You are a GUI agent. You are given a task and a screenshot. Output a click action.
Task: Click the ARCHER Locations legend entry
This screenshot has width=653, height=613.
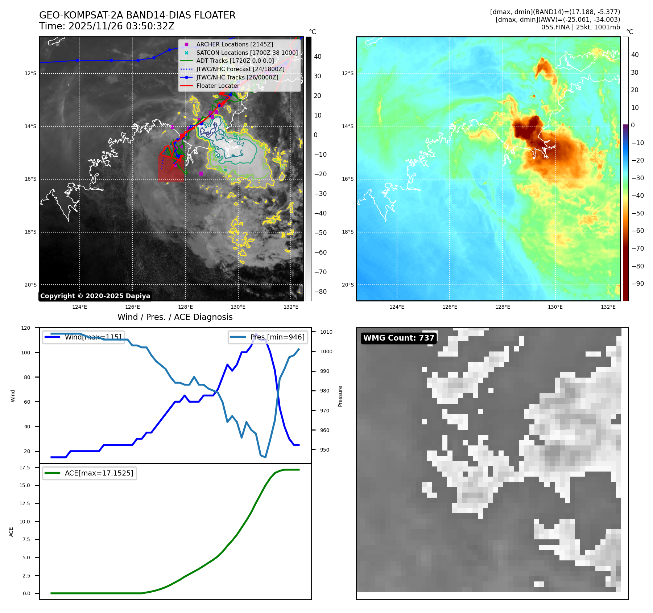click(234, 44)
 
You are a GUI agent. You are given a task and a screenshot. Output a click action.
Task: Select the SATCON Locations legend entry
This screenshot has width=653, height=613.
click(247, 53)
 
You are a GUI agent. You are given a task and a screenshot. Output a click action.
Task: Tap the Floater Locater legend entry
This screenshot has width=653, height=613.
click(218, 86)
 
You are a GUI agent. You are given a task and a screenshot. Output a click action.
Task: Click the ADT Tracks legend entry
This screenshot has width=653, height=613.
click(235, 61)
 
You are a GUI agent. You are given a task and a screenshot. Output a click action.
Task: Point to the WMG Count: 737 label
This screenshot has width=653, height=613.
click(398, 338)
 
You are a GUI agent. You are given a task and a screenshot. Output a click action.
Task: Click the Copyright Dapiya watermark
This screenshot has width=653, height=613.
click(95, 296)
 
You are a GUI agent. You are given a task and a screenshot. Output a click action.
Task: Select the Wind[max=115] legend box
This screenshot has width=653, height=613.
click(83, 337)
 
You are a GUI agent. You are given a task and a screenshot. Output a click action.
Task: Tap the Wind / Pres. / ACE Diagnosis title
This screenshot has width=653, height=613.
click(175, 317)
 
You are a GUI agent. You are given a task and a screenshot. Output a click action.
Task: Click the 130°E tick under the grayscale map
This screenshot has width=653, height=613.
click(238, 307)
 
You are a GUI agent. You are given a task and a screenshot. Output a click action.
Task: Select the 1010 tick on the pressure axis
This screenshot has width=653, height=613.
click(326, 332)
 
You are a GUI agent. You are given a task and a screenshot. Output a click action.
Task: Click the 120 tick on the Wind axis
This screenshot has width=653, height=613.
click(26, 328)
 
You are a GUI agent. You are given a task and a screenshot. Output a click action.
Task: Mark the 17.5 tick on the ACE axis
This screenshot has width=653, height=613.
click(25, 468)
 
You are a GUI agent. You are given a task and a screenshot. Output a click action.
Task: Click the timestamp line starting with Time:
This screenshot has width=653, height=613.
click(107, 26)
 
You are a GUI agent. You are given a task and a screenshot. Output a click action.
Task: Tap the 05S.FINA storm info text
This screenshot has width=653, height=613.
click(580, 27)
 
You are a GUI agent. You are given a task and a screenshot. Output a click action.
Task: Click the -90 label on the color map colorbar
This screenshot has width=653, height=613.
click(637, 284)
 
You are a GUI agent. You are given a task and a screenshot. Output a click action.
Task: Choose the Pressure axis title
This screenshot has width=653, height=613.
click(340, 396)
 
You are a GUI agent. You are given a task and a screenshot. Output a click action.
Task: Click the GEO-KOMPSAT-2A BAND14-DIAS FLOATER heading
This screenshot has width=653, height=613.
click(137, 15)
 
